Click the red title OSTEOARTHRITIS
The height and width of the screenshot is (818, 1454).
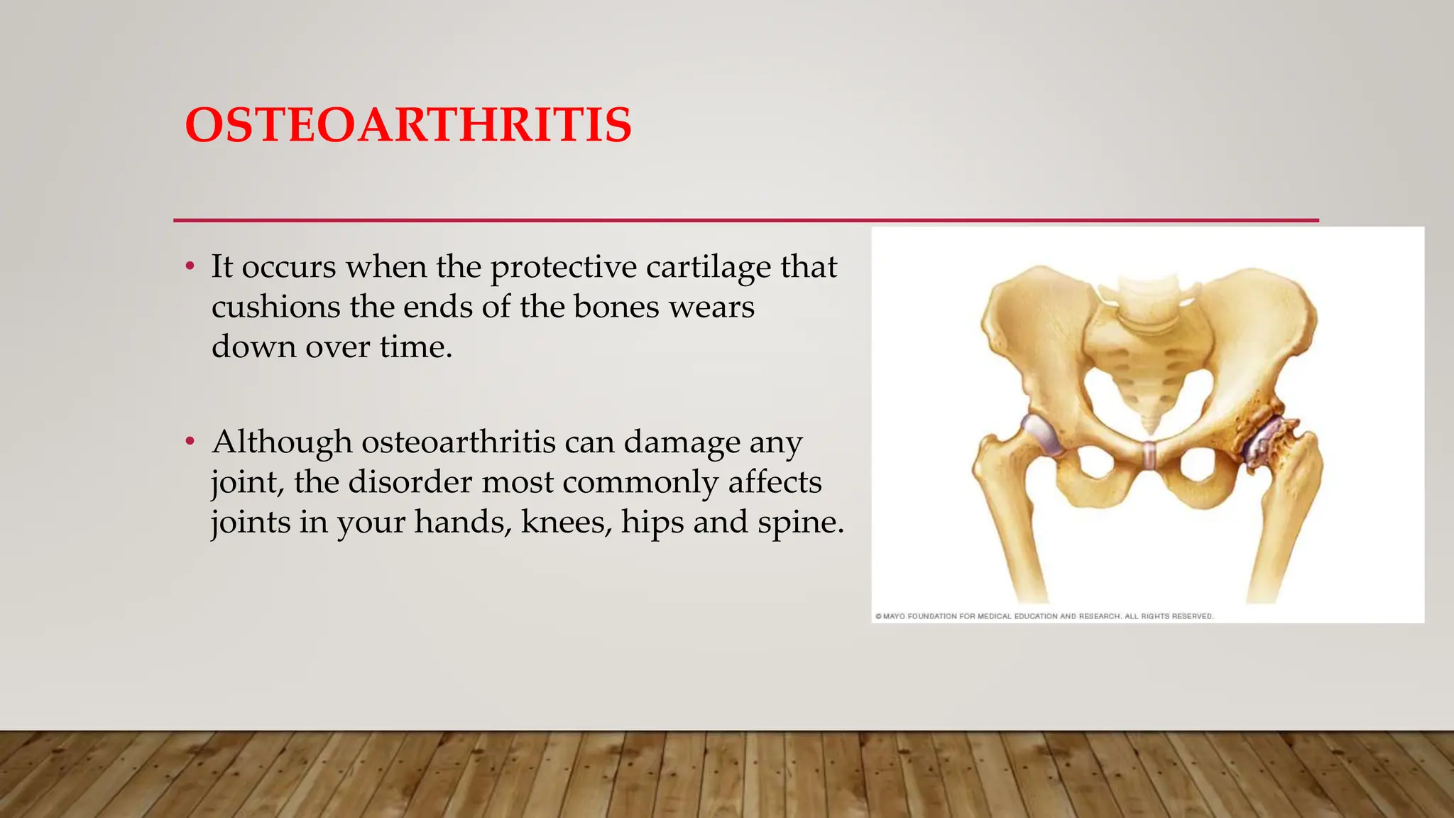click(x=408, y=125)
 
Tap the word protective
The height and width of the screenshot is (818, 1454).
click(x=564, y=268)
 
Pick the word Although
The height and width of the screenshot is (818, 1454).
click(x=282, y=442)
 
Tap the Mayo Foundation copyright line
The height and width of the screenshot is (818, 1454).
click(x=1044, y=616)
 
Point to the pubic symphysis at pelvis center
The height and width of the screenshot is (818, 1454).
click(x=1149, y=454)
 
